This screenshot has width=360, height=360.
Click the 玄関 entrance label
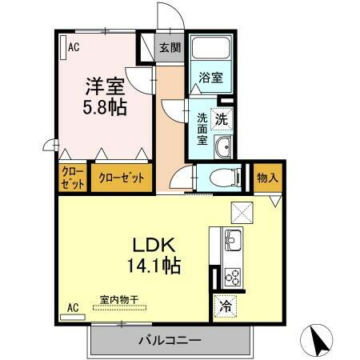click(169, 48)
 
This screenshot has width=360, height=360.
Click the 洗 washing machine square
click(222, 116)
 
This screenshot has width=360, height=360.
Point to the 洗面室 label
click(203, 127)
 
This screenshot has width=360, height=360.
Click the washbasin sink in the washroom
click(224, 146)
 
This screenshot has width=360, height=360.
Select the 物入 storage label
click(266, 178)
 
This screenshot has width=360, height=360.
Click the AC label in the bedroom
click(74, 47)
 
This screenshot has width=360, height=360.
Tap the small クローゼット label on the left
click(71, 178)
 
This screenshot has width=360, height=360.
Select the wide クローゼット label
click(122, 178)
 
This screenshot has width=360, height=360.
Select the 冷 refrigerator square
click(225, 305)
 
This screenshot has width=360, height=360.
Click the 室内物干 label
click(119, 299)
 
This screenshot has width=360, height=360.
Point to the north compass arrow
click(319, 341)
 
